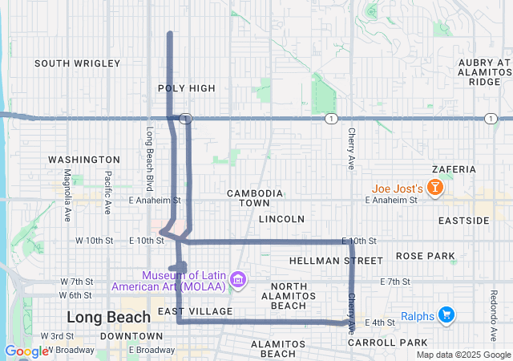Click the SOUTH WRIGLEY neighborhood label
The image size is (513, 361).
pyautogui.click(x=77, y=63)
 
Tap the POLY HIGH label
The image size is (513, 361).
pyautogui.click(x=187, y=88)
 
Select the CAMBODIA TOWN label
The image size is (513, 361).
pyautogui.click(x=254, y=198)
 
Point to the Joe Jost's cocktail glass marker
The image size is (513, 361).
pyautogui.click(x=434, y=189)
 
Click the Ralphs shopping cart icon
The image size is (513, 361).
pyautogui.click(x=446, y=315)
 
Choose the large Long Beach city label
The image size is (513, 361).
pyautogui.click(x=108, y=317)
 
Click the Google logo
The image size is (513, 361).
pyautogui.click(x=26, y=351)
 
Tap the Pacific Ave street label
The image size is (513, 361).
pyautogui.click(x=107, y=193)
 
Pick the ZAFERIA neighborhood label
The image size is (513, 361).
pyautogui.click(x=454, y=170)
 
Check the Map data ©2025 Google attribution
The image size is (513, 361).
pyautogui.click(x=463, y=355)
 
